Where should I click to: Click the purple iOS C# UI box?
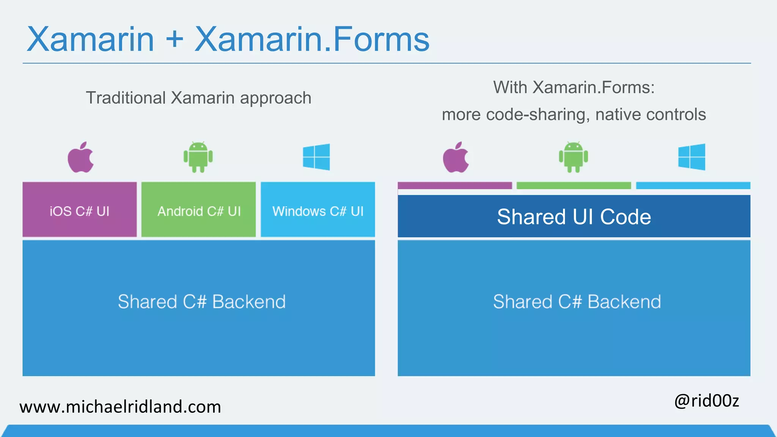79,209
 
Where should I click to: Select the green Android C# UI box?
198,209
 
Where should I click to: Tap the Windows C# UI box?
318,209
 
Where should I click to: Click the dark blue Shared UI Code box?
574,216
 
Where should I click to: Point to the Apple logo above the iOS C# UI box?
80,157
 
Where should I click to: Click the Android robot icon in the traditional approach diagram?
198,157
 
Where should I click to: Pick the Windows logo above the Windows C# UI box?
316,157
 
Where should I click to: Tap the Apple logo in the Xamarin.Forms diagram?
456,157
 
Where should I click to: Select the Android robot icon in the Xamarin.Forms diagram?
573,157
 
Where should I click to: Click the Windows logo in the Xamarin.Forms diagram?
692,157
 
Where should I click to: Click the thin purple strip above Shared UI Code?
455,185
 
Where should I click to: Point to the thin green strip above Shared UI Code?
574,185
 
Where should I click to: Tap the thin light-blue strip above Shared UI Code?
693,185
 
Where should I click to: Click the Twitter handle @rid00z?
706,401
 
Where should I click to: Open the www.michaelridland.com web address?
120,407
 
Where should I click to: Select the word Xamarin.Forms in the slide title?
312,39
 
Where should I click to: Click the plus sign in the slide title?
175,39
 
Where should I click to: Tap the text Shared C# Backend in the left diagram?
201,302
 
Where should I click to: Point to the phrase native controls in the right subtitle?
650,115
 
